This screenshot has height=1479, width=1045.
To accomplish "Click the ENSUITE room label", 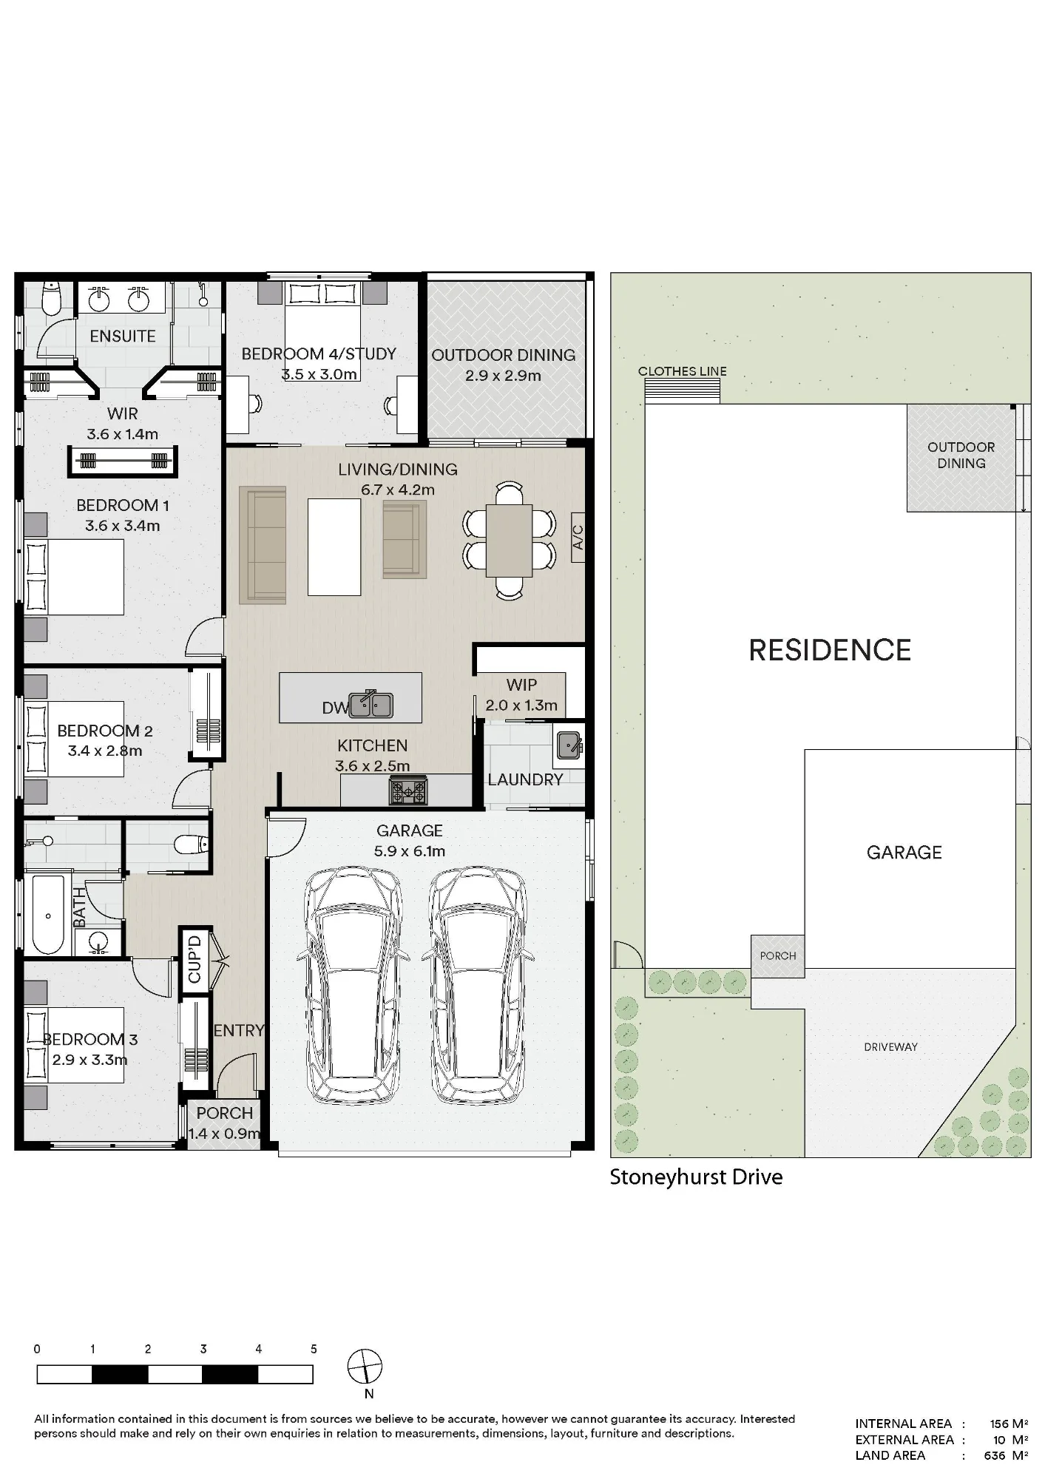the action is point(123,336).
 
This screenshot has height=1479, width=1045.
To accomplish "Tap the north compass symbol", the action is point(365,1366).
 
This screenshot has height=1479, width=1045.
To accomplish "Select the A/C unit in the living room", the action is point(578,537).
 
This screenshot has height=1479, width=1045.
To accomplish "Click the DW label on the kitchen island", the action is point(335,708).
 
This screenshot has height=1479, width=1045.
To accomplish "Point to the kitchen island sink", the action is point(371,705).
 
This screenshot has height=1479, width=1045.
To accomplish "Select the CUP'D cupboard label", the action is point(195,960).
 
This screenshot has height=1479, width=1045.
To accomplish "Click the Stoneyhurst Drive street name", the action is point(696,1177).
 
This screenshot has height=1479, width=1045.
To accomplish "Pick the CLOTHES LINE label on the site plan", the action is point(683,371).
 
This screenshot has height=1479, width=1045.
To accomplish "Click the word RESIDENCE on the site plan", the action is point(830,650).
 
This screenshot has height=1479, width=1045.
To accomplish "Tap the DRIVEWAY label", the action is point(890,1047).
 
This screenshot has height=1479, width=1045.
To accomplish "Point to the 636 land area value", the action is point(995,1456).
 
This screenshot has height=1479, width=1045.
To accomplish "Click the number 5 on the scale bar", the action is point(314,1349).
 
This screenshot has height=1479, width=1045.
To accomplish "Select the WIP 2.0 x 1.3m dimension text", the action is point(521,705).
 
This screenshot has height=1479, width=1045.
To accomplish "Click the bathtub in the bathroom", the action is point(48,916).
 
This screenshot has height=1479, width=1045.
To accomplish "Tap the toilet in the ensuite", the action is point(51,299).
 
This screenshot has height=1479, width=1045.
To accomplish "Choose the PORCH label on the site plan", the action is point(778,955).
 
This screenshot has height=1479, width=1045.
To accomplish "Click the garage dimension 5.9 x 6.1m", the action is point(410,851).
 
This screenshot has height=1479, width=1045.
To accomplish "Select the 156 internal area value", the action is point(999,1424).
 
